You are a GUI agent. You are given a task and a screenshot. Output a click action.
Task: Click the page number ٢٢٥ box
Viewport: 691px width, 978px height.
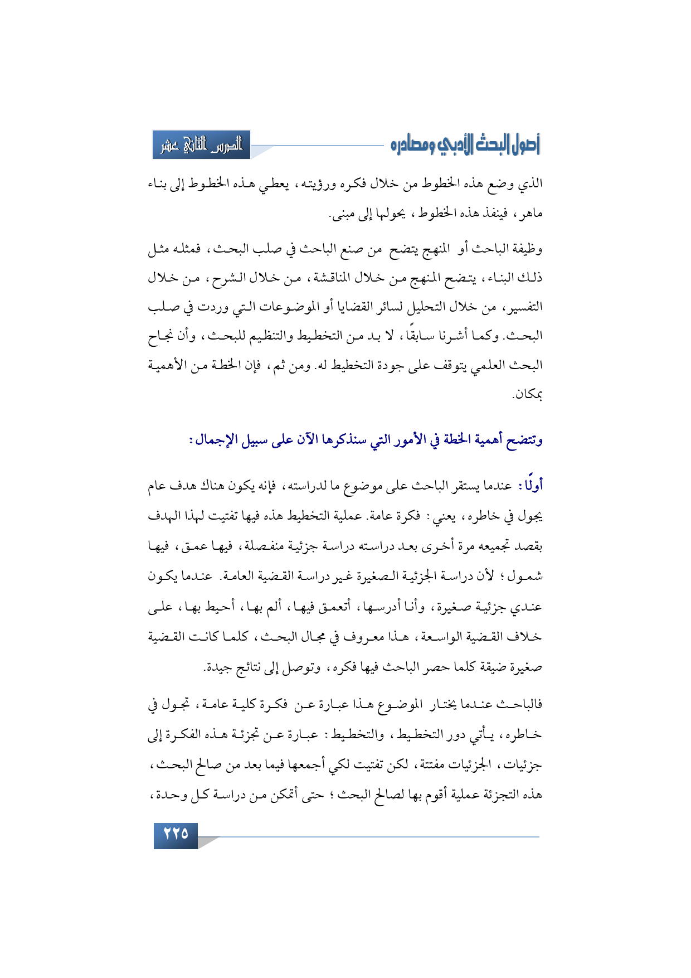(x=176, y=835)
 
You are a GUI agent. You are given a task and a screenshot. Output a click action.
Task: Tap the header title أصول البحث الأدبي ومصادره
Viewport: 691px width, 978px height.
(x=466, y=145)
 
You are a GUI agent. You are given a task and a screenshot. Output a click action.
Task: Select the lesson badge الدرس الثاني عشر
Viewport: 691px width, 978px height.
(x=202, y=145)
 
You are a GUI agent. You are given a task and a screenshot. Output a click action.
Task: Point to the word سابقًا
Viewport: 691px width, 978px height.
(x=425, y=336)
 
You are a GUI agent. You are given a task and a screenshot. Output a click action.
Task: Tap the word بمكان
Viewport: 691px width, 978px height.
(x=528, y=395)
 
